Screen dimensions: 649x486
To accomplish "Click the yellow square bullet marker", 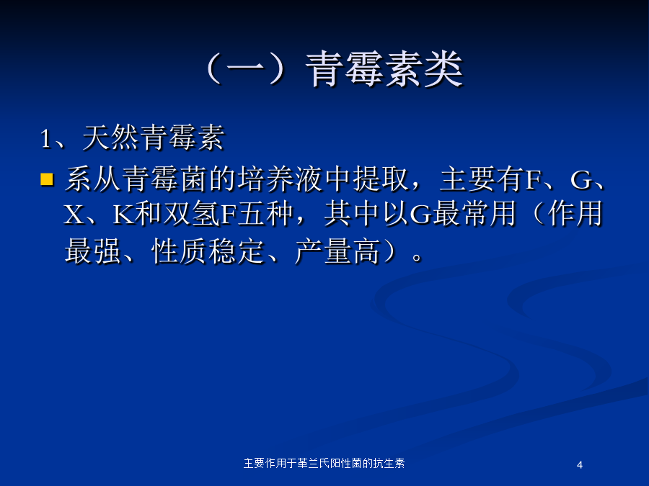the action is click(x=47, y=179).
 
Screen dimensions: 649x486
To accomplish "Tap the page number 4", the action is click(x=580, y=465).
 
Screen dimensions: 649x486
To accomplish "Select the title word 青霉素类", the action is click(x=384, y=69).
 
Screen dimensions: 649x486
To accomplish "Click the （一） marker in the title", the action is click(x=247, y=69).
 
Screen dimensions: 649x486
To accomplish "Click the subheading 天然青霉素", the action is click(x=154, y=138).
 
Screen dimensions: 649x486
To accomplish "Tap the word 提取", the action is click(x=381, y=179).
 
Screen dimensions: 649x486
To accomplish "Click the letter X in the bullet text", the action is click(x=74, y=215).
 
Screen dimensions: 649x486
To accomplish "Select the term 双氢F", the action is click(x=200, y=214).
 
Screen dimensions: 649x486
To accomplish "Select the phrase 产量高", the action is click(x=337, y=251).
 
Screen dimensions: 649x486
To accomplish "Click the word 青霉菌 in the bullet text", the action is click(x=165, y=179).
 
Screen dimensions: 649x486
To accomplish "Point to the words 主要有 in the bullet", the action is click(x=482, y=179).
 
